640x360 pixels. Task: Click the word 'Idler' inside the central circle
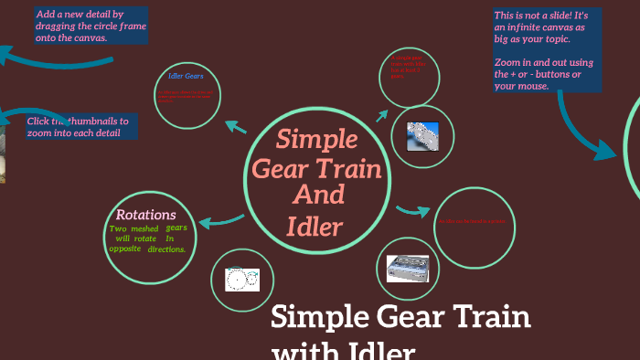[315, 225]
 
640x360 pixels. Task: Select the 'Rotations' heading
[146, 215]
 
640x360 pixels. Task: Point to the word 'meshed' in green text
[144, 228]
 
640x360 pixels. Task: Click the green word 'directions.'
[166, 249]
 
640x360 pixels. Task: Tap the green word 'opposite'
[124, 249]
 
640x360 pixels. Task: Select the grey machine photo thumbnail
[406, 267]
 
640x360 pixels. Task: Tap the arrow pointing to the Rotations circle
[218, 221]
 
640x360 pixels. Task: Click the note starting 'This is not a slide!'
[547, 50]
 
